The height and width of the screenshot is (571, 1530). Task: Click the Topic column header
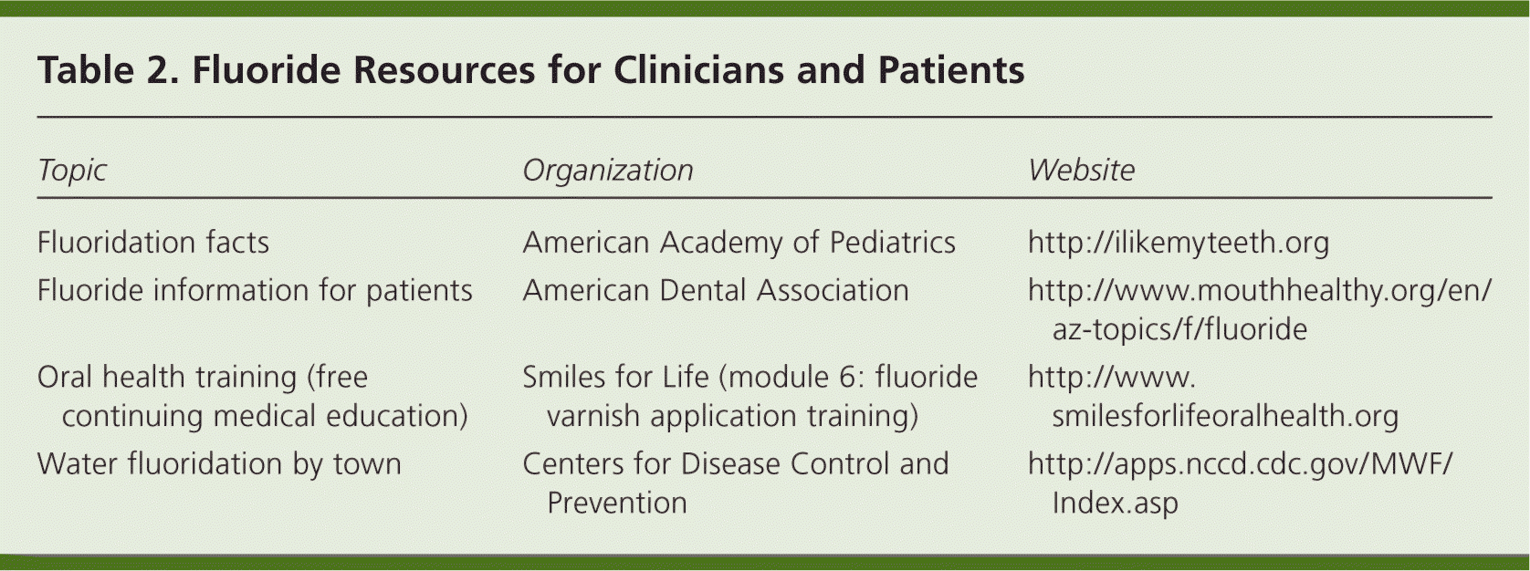click(x=72, y=171)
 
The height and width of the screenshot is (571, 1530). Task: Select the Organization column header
click(x=608, y=171)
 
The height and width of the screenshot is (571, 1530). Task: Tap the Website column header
click(x=1081, y=170)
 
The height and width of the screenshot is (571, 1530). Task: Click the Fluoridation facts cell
click(x=153, y=243)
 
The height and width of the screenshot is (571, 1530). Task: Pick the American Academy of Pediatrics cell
click(x=739, y=243)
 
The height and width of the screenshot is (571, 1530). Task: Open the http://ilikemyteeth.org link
click(x=1179, y=244)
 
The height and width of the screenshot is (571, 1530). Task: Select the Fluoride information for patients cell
click(x=255, y=291)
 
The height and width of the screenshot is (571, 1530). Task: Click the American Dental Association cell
click(x=716, y=291)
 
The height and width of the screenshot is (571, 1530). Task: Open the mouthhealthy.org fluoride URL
click(x=1260, y=310)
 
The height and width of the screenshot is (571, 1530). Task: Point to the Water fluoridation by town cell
click(x=219, y=464)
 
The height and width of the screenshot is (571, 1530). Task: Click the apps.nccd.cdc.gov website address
click(x=1240, y=483)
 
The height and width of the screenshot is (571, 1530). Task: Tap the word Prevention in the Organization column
click(x=617, y=504)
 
